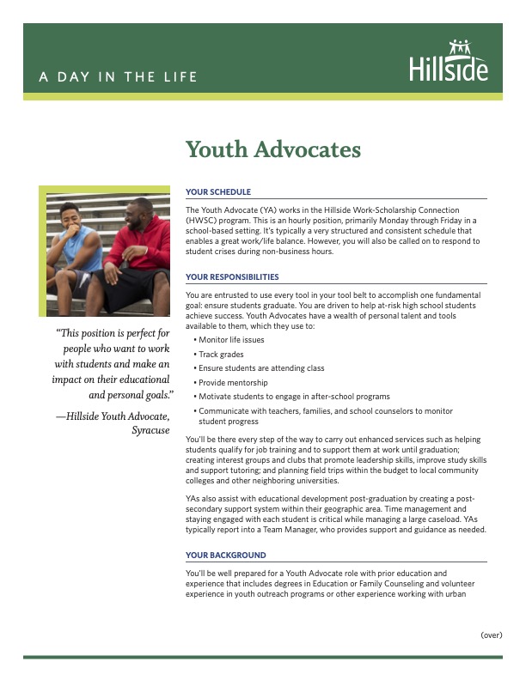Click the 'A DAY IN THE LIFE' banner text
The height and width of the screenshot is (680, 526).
point(118,77)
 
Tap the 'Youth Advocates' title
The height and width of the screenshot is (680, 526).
point(273,150)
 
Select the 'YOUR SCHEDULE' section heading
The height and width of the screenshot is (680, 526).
point(218,192)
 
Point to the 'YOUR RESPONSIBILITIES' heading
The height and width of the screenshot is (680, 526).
point(232,277)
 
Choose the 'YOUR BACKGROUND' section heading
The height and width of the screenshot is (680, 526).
point(225,556)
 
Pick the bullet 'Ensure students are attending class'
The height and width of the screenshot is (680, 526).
point(261,368)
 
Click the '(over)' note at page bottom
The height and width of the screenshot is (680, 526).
point(491,634)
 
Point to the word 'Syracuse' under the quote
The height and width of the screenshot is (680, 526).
point(150,430)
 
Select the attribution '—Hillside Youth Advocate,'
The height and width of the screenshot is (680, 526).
point(113,416)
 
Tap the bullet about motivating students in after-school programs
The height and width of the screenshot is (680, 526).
point(294,396)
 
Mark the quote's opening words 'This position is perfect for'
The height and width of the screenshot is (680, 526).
point(113,333)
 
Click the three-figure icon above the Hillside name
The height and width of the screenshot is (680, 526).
point(461,47)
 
